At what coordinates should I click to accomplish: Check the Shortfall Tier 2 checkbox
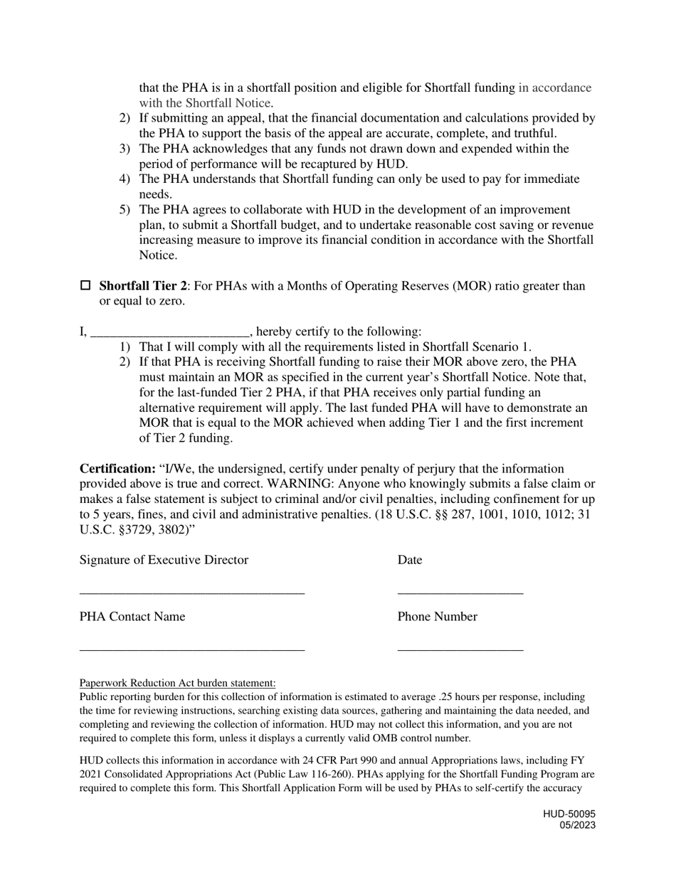coord(85,285)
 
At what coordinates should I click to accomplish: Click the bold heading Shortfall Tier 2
coord(142,286)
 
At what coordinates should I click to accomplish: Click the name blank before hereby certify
coord(170,332)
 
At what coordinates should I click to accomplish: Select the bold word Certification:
coord(117,470)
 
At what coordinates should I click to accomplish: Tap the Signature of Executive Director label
coord(164,560)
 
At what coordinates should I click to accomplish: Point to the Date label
coord(409,560)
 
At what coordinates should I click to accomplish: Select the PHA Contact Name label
coord(132,617)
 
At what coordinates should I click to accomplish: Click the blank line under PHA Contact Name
coord(191,649)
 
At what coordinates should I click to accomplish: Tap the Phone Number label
coord(437,617)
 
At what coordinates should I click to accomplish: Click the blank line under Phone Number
coord(460,649)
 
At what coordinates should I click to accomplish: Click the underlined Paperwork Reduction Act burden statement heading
coord(177,683)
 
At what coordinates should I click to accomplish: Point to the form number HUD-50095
coord(569,814)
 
